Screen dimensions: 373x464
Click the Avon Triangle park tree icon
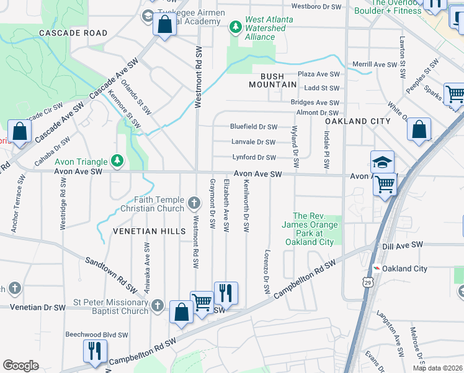click(x=117, y=161)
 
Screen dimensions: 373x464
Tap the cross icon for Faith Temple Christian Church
click(x=194, y=202)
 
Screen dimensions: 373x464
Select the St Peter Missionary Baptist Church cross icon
click(x=158, y=305)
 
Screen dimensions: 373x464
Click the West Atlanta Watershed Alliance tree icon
click(x=235, y=26)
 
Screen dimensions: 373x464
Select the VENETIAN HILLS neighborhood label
click(x=149, y=231)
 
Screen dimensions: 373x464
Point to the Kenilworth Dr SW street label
click(x=246, y=206)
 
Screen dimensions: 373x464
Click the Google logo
click(x=20, y=366)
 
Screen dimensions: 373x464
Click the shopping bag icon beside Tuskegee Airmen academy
click(x=164, y=25)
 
